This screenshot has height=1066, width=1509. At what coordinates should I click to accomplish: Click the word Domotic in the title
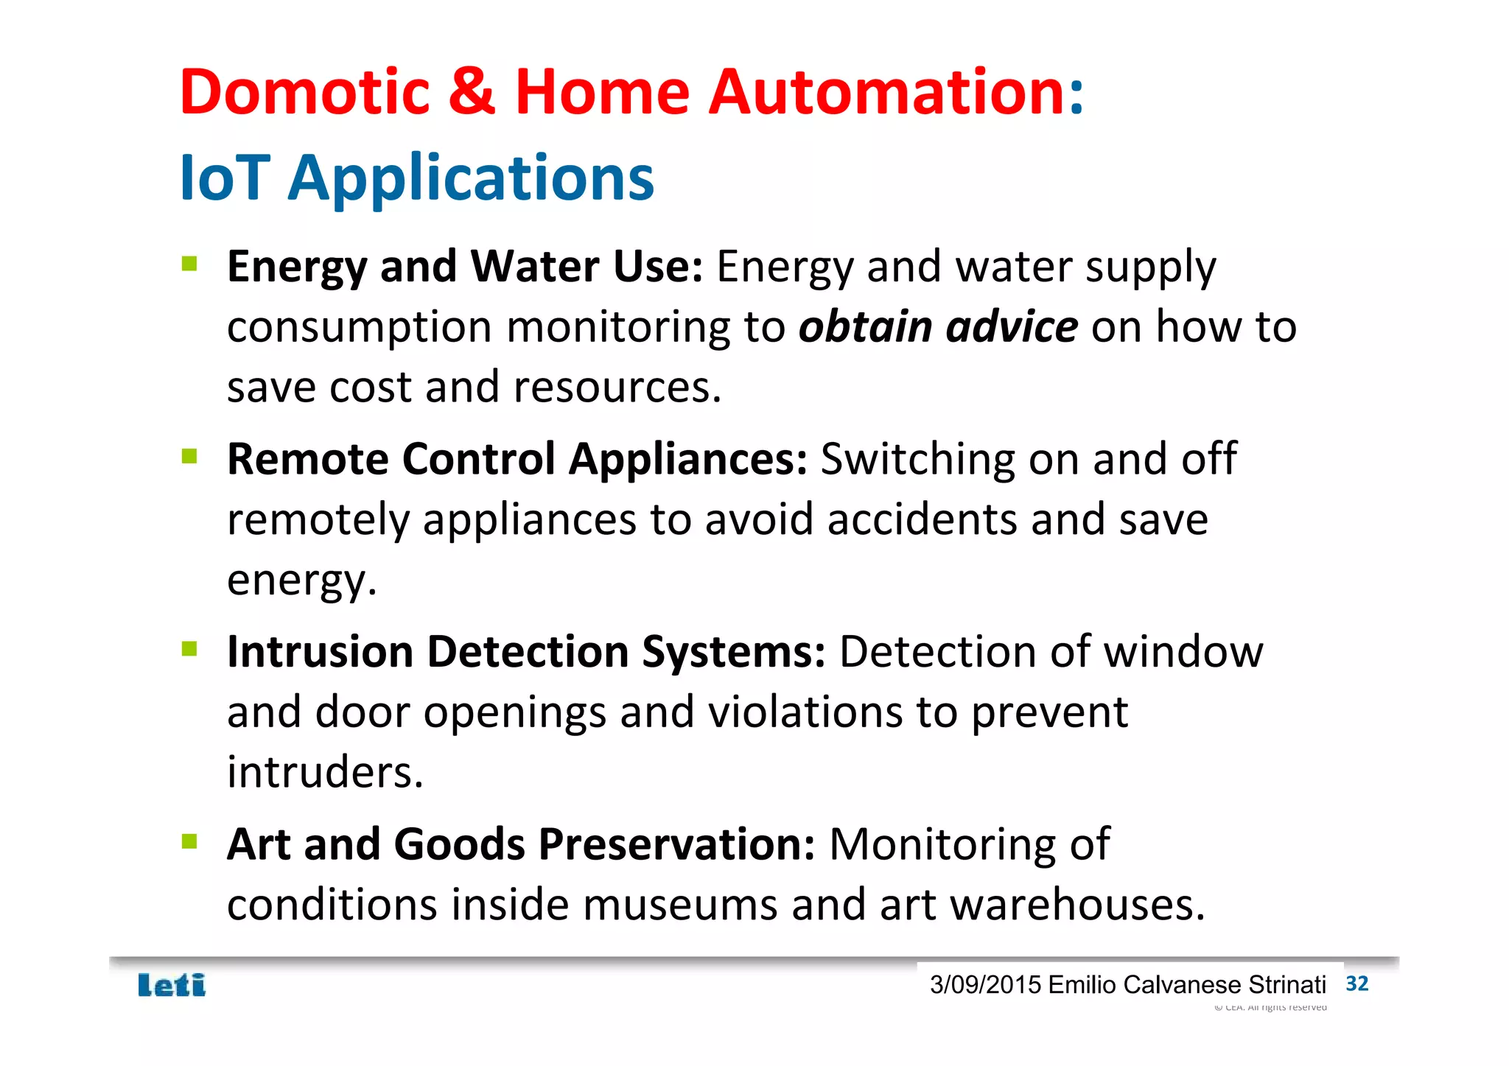click(304, 92)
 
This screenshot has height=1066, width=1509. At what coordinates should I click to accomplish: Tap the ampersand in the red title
click(472, 92)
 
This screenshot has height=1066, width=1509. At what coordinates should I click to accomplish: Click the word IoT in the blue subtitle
click(224, 178)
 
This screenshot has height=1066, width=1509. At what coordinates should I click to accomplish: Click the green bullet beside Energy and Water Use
click(189, 264)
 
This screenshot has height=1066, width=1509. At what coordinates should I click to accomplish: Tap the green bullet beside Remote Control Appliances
click(189, 457)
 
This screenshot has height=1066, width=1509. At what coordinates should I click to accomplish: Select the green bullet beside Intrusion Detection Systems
click(189, 649)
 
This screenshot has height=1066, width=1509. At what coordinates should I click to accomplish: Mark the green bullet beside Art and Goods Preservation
click(189, 841)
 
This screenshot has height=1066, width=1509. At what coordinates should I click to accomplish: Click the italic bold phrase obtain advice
click(938, 327)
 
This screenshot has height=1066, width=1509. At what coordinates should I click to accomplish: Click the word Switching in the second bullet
click(917, 460)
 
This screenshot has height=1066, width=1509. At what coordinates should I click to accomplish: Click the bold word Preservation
click(668, 844)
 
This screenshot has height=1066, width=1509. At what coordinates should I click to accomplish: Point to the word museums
click(679, 905)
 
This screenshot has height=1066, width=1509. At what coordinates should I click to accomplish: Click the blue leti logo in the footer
click(172, 986)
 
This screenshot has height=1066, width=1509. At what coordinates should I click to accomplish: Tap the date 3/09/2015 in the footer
click(985, 985)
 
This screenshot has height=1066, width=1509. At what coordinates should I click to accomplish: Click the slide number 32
click(1356, 984)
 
